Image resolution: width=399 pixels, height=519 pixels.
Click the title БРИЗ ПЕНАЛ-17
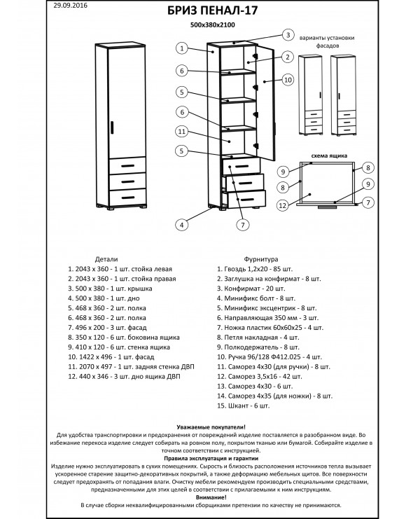coord(212,11)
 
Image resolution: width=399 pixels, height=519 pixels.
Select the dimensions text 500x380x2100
coord(212,25)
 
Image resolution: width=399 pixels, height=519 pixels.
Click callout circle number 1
coord(181,48)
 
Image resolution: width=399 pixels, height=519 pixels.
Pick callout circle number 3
coord(288,35)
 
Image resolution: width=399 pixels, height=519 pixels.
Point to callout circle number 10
coord(288,80)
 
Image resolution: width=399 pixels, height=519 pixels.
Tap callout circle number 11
coord(181,132)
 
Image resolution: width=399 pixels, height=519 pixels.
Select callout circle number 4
coord(181,225)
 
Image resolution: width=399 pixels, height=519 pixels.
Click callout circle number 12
coord(283,205)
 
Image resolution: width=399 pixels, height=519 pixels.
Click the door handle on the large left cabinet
coord(112,127)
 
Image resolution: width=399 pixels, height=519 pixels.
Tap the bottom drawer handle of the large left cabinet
coord(127,198)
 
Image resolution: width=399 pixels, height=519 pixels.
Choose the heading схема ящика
coord(329,155)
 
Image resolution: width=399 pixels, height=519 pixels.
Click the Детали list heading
coord(106,259)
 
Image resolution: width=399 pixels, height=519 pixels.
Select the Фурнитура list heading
coord(261,259)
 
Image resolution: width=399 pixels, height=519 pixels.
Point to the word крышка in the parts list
coord(140,289)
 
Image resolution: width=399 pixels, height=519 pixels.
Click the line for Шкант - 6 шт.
coord(243,406)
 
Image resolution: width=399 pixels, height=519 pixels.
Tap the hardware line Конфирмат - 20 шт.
coord(251,289)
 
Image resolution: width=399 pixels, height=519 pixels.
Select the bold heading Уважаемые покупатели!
coord(211,427)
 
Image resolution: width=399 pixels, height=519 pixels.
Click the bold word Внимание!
coord(211,497)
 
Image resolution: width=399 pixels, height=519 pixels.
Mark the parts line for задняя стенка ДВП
coord(131,367)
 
